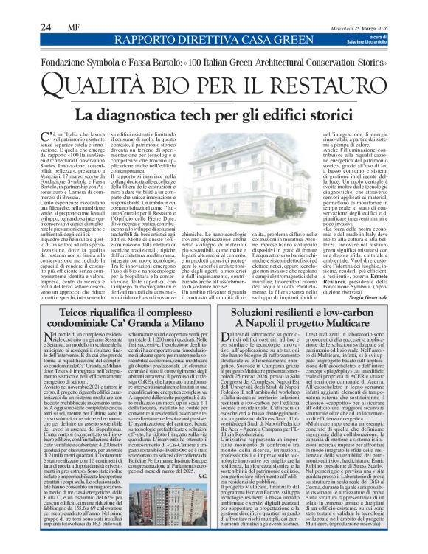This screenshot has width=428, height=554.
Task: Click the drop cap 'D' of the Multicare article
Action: tap(225, 358)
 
